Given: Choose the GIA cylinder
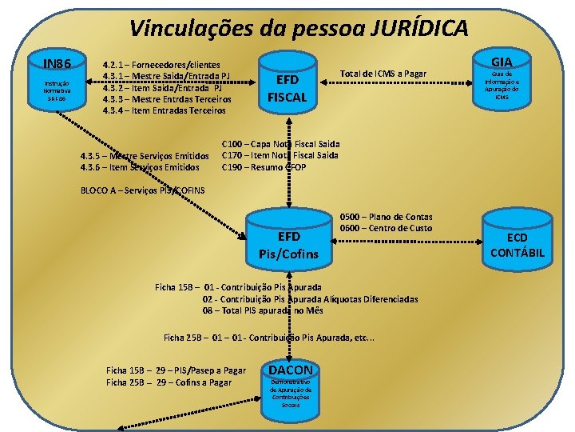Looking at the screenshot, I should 502,80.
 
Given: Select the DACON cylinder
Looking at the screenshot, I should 291,388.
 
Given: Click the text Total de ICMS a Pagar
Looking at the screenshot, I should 383,74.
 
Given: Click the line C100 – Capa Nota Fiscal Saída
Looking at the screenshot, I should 280,144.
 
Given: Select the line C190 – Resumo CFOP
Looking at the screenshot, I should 264,166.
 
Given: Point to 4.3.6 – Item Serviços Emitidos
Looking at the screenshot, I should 140,167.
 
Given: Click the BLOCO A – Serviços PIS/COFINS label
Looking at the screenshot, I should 143,190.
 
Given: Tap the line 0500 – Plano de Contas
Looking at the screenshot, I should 386,217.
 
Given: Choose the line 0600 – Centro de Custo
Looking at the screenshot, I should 386,228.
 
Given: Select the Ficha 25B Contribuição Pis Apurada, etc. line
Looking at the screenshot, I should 268,337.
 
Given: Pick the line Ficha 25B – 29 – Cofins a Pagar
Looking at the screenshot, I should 169,382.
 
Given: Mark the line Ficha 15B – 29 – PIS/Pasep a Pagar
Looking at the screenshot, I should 176,370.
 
